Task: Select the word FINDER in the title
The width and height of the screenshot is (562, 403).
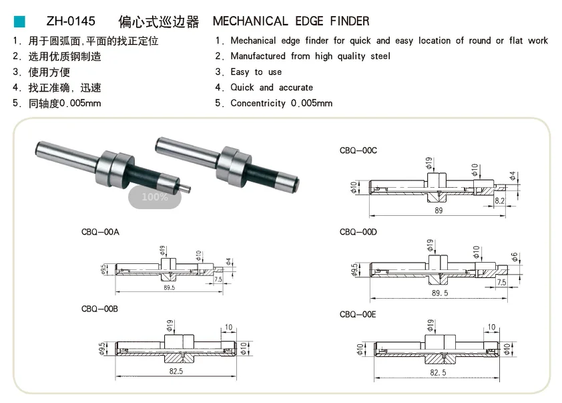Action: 347,21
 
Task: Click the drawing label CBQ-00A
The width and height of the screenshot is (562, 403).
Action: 100,232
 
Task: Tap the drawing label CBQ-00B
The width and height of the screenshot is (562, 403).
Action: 100,309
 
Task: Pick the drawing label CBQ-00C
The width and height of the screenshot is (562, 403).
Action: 358,150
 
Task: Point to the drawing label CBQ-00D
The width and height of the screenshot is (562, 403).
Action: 358,232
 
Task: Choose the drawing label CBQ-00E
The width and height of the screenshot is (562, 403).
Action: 358,314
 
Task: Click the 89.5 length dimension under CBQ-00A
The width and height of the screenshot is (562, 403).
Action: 168,287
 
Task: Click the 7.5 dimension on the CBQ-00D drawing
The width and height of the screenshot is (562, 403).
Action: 501,283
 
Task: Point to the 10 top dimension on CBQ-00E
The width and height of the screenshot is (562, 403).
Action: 492,327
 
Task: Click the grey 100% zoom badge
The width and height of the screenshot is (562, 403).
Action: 155,197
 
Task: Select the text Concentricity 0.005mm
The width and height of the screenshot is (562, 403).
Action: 281,103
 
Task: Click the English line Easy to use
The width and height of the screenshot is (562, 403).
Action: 256,72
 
